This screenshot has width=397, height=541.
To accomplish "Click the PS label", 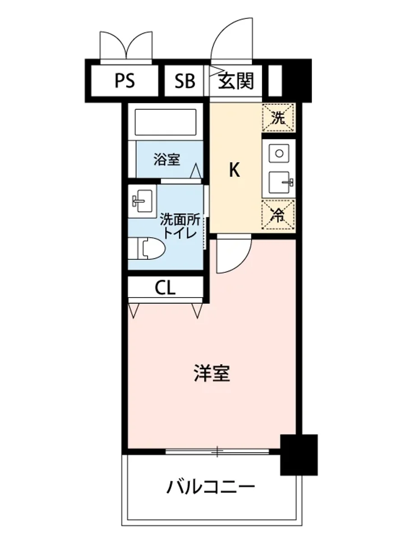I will [x=124, y=82].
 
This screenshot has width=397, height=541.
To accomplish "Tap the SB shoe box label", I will [x=185, y=82].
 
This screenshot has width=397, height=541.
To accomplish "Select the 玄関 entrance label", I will [x=236, y=82].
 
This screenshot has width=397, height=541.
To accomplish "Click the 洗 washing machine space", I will [x=278, y=118].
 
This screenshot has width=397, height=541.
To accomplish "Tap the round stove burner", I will [x=279, y=154].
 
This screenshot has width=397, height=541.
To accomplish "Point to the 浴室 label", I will [x=166, y=160].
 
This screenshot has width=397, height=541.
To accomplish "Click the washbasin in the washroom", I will [x=142, y=200].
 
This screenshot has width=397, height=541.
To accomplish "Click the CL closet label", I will [x=165, y=288].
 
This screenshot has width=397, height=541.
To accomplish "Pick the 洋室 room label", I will [x=212, y=373].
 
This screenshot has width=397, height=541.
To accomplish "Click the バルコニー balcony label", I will [x=211, y=487].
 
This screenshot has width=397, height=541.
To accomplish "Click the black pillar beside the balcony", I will [x=298, y=454].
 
